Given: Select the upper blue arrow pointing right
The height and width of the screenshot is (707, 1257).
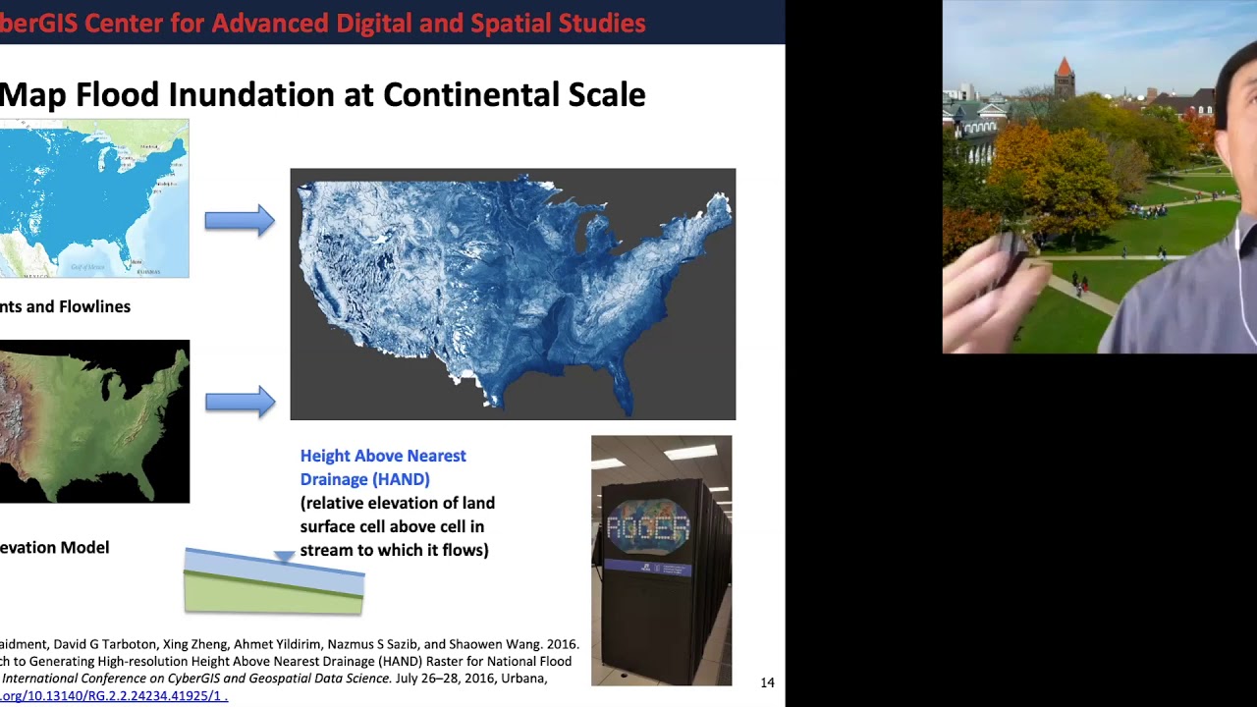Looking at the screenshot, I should point(239,221).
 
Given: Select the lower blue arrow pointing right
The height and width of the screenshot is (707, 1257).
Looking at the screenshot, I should point(239,401).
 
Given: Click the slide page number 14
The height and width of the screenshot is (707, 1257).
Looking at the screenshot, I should point(767,682).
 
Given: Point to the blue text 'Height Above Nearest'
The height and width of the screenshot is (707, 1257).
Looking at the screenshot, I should point(383,456).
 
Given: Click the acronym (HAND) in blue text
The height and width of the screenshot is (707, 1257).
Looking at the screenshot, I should point(398,479).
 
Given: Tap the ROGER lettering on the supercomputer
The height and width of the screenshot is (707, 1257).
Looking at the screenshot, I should point(647,528).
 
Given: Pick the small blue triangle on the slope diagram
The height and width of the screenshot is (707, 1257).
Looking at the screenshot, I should point(284,557).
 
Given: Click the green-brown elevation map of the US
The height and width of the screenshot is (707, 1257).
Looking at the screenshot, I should point(93,421).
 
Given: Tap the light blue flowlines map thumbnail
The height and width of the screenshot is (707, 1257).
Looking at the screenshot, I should point(93,197).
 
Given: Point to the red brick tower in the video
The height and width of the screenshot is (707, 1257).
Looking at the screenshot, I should point(1064,79).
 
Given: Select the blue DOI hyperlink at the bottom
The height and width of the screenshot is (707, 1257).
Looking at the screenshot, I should point(113,695).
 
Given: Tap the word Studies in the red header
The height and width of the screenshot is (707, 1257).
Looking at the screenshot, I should point(603,23).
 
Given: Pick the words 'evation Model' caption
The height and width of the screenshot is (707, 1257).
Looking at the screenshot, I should point(54,548).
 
